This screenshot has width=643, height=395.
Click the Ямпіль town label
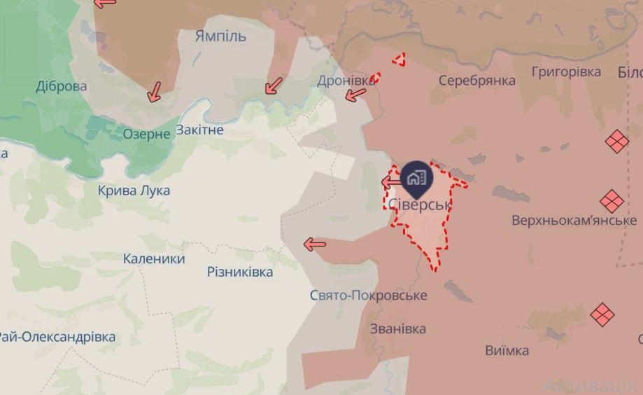[220, 36]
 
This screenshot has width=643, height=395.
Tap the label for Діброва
[62, 87]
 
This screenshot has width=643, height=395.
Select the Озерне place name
[146, 133]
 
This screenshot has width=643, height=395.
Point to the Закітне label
[199, 130]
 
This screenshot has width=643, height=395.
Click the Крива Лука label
[134, 190]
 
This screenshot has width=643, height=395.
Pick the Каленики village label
[154, 258]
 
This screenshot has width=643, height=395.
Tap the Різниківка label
[240, 272]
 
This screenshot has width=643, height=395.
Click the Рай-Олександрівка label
[57, 337]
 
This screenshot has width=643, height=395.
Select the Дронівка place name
[346, 81]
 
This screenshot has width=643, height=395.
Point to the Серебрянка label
[477, 81]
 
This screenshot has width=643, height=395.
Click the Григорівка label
[566, 72]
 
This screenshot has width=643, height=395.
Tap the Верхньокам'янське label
[574, 220]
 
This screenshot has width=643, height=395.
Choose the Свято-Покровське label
[368, 296]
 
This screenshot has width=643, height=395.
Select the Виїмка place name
[507, 350]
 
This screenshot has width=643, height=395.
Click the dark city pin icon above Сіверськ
[418, 177]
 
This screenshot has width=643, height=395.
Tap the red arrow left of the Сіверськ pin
[390, 183]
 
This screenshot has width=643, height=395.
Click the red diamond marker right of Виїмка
[602, 314]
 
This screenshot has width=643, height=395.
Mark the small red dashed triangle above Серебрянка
[399, 60]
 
